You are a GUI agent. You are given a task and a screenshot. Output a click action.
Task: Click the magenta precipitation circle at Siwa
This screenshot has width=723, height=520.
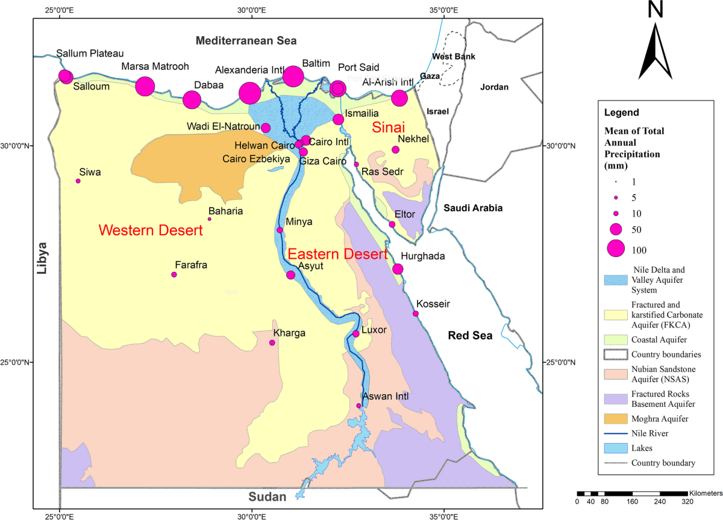tap(78, 181)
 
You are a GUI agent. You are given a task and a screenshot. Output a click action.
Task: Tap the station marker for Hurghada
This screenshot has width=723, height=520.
tap(398, 269)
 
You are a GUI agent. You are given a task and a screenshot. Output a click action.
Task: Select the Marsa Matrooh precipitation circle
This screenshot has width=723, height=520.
tap(145, 87)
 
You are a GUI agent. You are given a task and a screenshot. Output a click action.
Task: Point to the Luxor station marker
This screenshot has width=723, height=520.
tap(356, 333)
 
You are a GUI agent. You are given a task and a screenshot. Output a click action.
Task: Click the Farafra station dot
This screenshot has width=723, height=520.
tap(174, 274)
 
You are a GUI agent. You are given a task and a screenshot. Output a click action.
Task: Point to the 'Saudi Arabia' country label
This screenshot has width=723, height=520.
tap(473, 208)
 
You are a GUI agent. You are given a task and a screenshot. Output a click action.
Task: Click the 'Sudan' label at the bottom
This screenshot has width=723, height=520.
tap(266, 497)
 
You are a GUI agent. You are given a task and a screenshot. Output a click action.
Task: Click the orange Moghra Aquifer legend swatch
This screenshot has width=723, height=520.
tap(615, 418)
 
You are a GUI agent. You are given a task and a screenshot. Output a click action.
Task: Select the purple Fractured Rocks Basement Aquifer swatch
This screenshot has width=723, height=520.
tap(615, 398)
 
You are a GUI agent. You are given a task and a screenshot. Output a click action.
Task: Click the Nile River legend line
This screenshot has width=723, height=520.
tap(615, 433)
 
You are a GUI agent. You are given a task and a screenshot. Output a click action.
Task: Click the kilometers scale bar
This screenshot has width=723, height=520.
tap(632, 494)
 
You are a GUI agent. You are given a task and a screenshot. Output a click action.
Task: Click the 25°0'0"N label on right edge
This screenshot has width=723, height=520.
tap(561, 362)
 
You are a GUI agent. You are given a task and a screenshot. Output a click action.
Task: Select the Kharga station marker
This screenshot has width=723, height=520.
tap(272, 342)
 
